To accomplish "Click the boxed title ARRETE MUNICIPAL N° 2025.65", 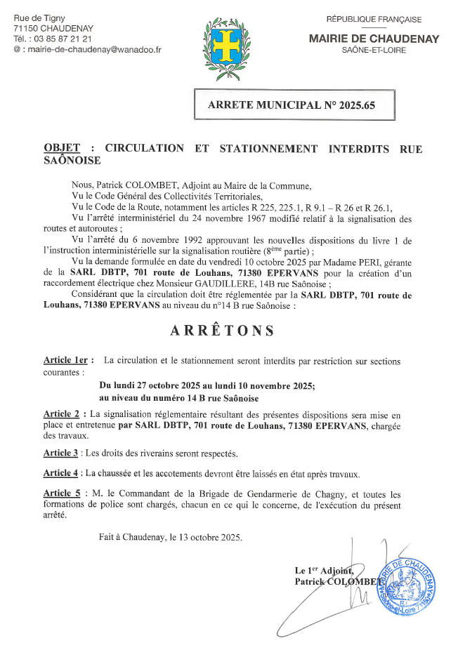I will pyautogui.click(x=292, y=106).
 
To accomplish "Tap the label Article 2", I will pyautogui.click(x=64, y=415).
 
